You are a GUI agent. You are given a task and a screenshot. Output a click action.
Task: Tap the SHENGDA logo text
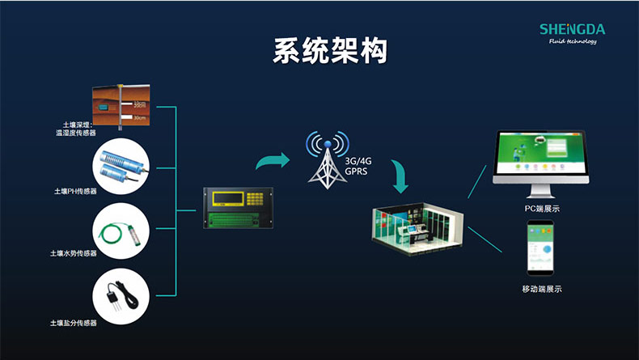(x=572, y=30)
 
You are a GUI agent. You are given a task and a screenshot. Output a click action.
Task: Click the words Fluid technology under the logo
(x=572, y=42)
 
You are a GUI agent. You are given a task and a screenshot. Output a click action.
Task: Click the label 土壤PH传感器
(x=75, y=192)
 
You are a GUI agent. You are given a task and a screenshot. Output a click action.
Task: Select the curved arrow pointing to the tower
(x=272, y=160)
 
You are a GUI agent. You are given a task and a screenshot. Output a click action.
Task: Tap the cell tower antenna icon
(x=326, y=157)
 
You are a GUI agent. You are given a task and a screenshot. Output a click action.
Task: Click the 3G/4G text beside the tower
(x=357, y=162)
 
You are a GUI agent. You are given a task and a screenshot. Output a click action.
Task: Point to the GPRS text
(x=356, y=172)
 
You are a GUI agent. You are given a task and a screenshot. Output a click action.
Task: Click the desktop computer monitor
(x=540, y=166)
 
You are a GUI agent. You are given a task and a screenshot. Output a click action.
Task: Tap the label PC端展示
(x=541, y=210)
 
